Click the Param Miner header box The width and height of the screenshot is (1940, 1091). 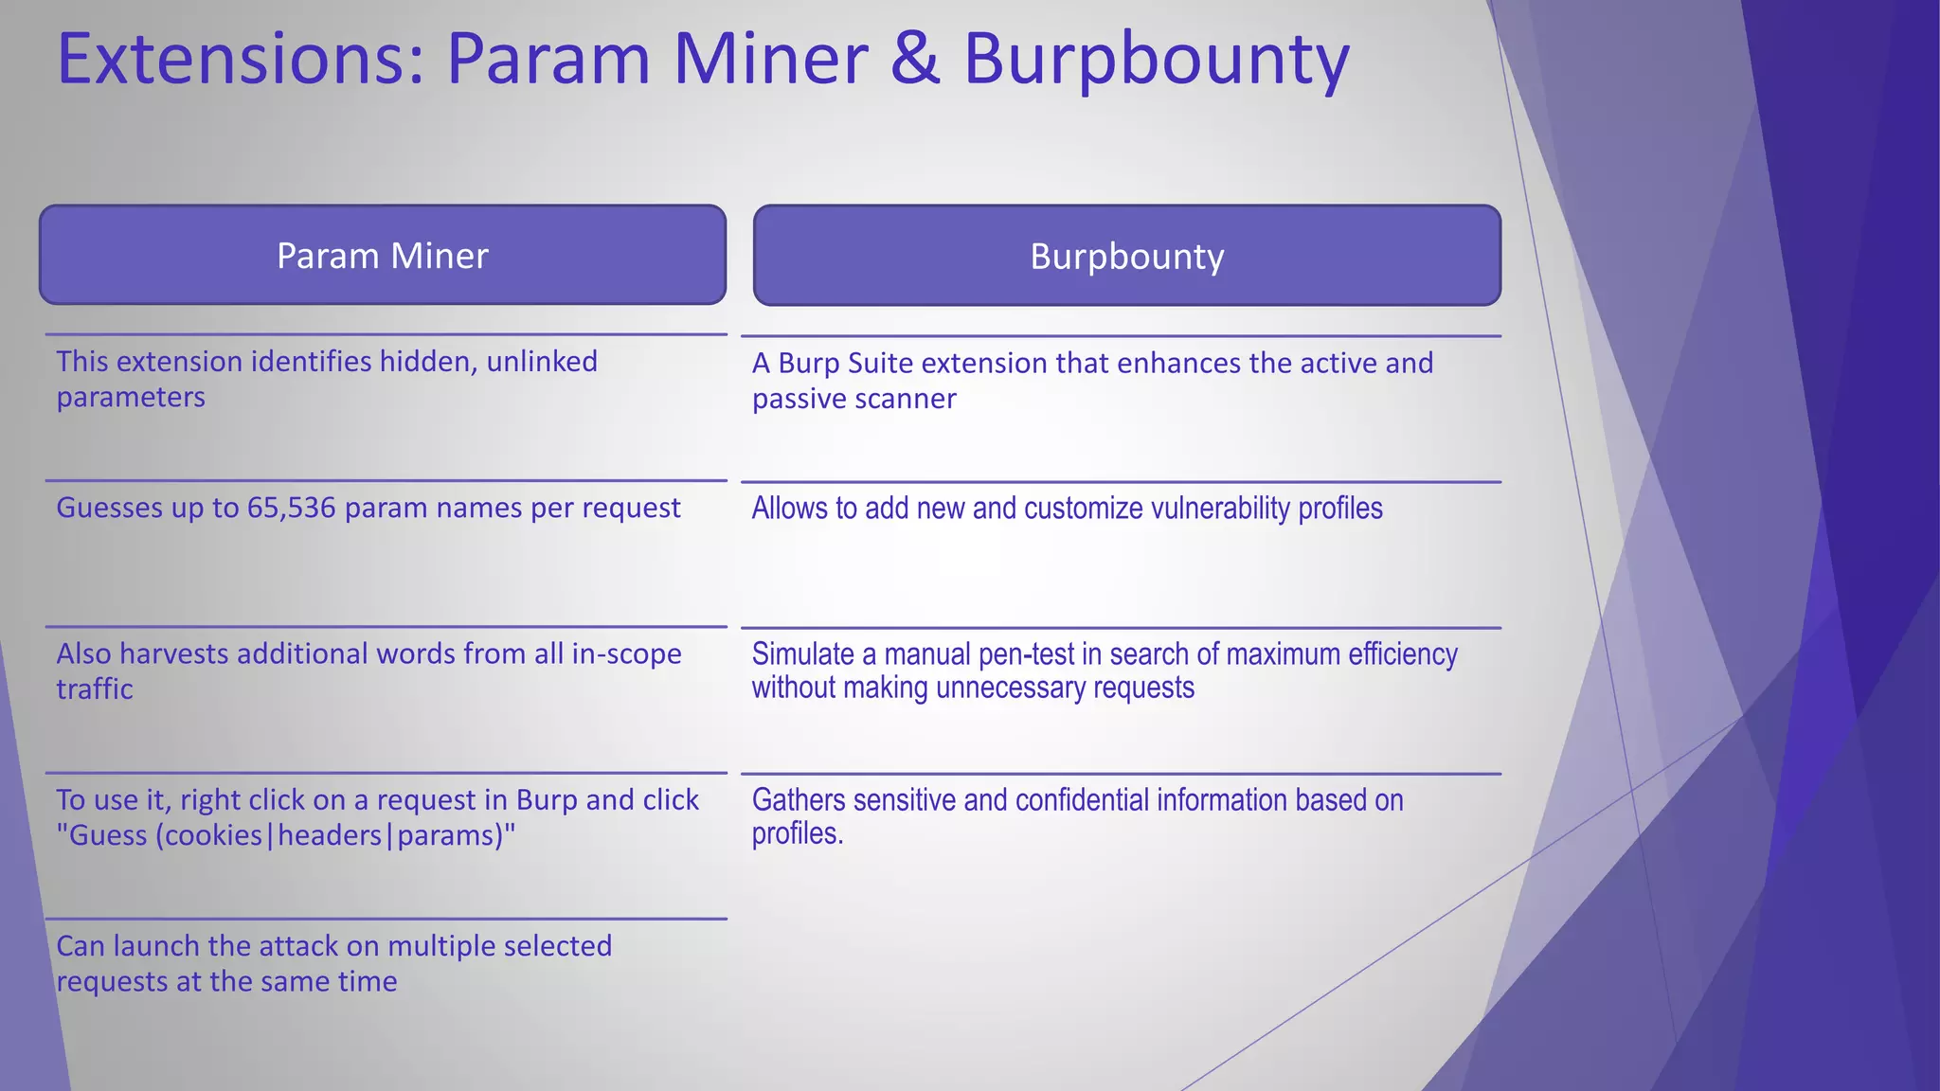[383, 256]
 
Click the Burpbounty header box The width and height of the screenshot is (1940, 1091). [1126, 257]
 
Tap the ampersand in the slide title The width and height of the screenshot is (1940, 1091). [915, 60]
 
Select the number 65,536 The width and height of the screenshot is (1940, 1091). [291, 509]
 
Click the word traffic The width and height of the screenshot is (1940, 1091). [95, 689]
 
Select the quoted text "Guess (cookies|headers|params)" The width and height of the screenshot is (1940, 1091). [286, 835]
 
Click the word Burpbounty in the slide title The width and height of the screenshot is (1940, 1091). [1156, 60]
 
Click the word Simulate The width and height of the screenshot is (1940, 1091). [803, 654]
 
